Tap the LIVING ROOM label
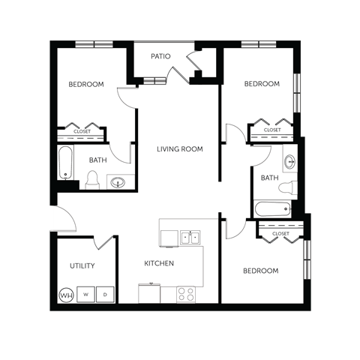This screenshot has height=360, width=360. pyautogui.click(x=180, y=149)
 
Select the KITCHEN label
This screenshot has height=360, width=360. pyautogui.click(x=159, y=263)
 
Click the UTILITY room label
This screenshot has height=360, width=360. pyautogui.click(x=82, y=265)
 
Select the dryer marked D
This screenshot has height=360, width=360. pyautogui.click(x=106, y=295)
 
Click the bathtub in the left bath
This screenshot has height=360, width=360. pyautogui.click(x=66, y=164)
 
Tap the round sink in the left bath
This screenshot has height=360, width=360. pyautogui.click(x=117, y=181)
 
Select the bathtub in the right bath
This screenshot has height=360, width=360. pyautogui.click(x=272, y=209)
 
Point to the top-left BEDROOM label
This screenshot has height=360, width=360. pyautogui.click(x=86, y=84)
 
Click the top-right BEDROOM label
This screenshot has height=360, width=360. pyautogui.click(x=262, y=84)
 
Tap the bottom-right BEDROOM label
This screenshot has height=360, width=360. pyautogui.click(x=260, y=270)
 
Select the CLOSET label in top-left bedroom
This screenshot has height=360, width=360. pyautogui.click(x=82, y=131)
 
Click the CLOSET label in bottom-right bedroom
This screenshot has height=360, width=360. pyautogui.click(x=280, y=234)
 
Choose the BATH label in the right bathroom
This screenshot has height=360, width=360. pyautogui.click(x=269, y=178)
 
